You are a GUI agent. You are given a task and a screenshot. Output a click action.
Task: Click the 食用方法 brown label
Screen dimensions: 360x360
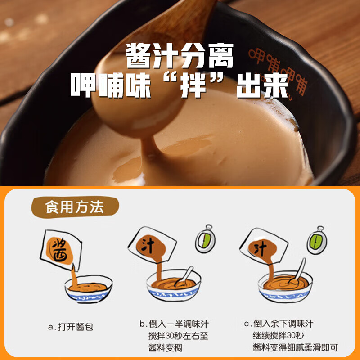pos(74,207)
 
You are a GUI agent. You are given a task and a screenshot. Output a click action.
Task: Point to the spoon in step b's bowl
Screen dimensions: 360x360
pos(185,276)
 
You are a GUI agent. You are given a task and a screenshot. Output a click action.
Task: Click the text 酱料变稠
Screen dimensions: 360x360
pos(166,347)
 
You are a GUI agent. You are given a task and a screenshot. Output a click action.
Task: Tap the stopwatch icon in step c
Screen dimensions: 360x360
pos(315,241)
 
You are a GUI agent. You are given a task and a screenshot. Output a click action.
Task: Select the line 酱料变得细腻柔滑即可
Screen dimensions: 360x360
pos(295,347)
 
